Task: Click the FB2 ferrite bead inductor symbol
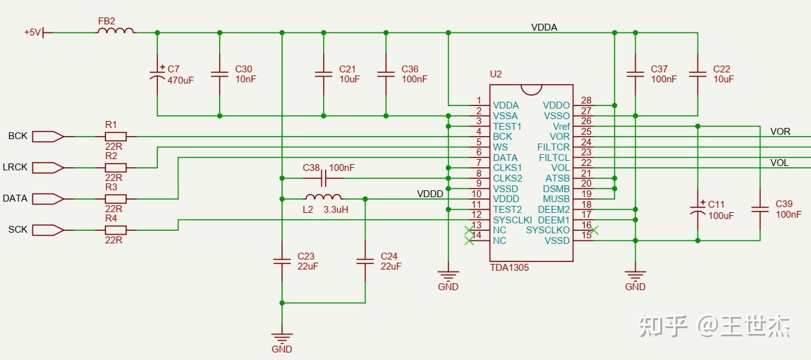coord(115,31)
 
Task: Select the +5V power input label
coord(32,32)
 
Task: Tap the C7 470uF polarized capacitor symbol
coord(157,74)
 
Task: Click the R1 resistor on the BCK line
coord(115,136)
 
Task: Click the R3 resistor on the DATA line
coord(115,198)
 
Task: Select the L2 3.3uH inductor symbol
coord(323,198)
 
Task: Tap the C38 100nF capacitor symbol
coord(323,178)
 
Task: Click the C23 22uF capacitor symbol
coord(282,261)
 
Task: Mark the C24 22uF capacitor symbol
coord(365,261)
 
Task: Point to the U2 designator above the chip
coord(495,74)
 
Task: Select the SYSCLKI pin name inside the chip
coord(512,220)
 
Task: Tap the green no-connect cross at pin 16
coord(594,230)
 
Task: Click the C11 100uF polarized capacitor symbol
coord(697,210)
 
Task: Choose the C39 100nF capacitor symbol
coord(760,210)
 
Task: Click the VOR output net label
coord(780,131)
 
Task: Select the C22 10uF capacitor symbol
coord(697,74)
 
